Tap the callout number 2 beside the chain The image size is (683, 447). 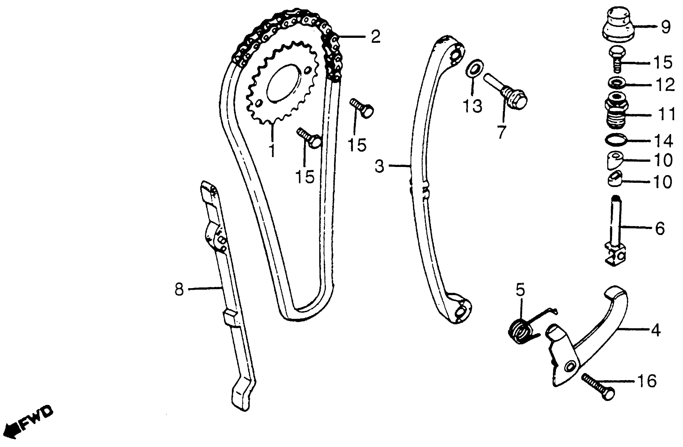click(x=375, y=37)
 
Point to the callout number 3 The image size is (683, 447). click(x=379, y=166)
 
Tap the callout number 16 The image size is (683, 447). click(x=646, y=381)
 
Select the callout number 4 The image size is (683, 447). click(x=655, y=331)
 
